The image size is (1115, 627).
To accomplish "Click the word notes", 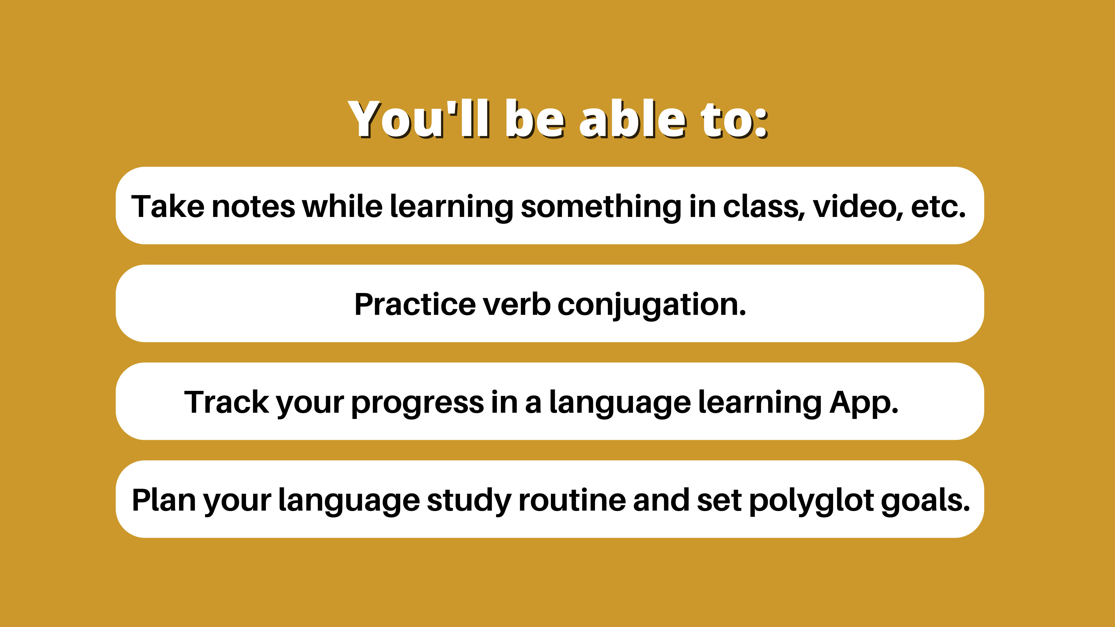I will [x=253, y=207].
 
